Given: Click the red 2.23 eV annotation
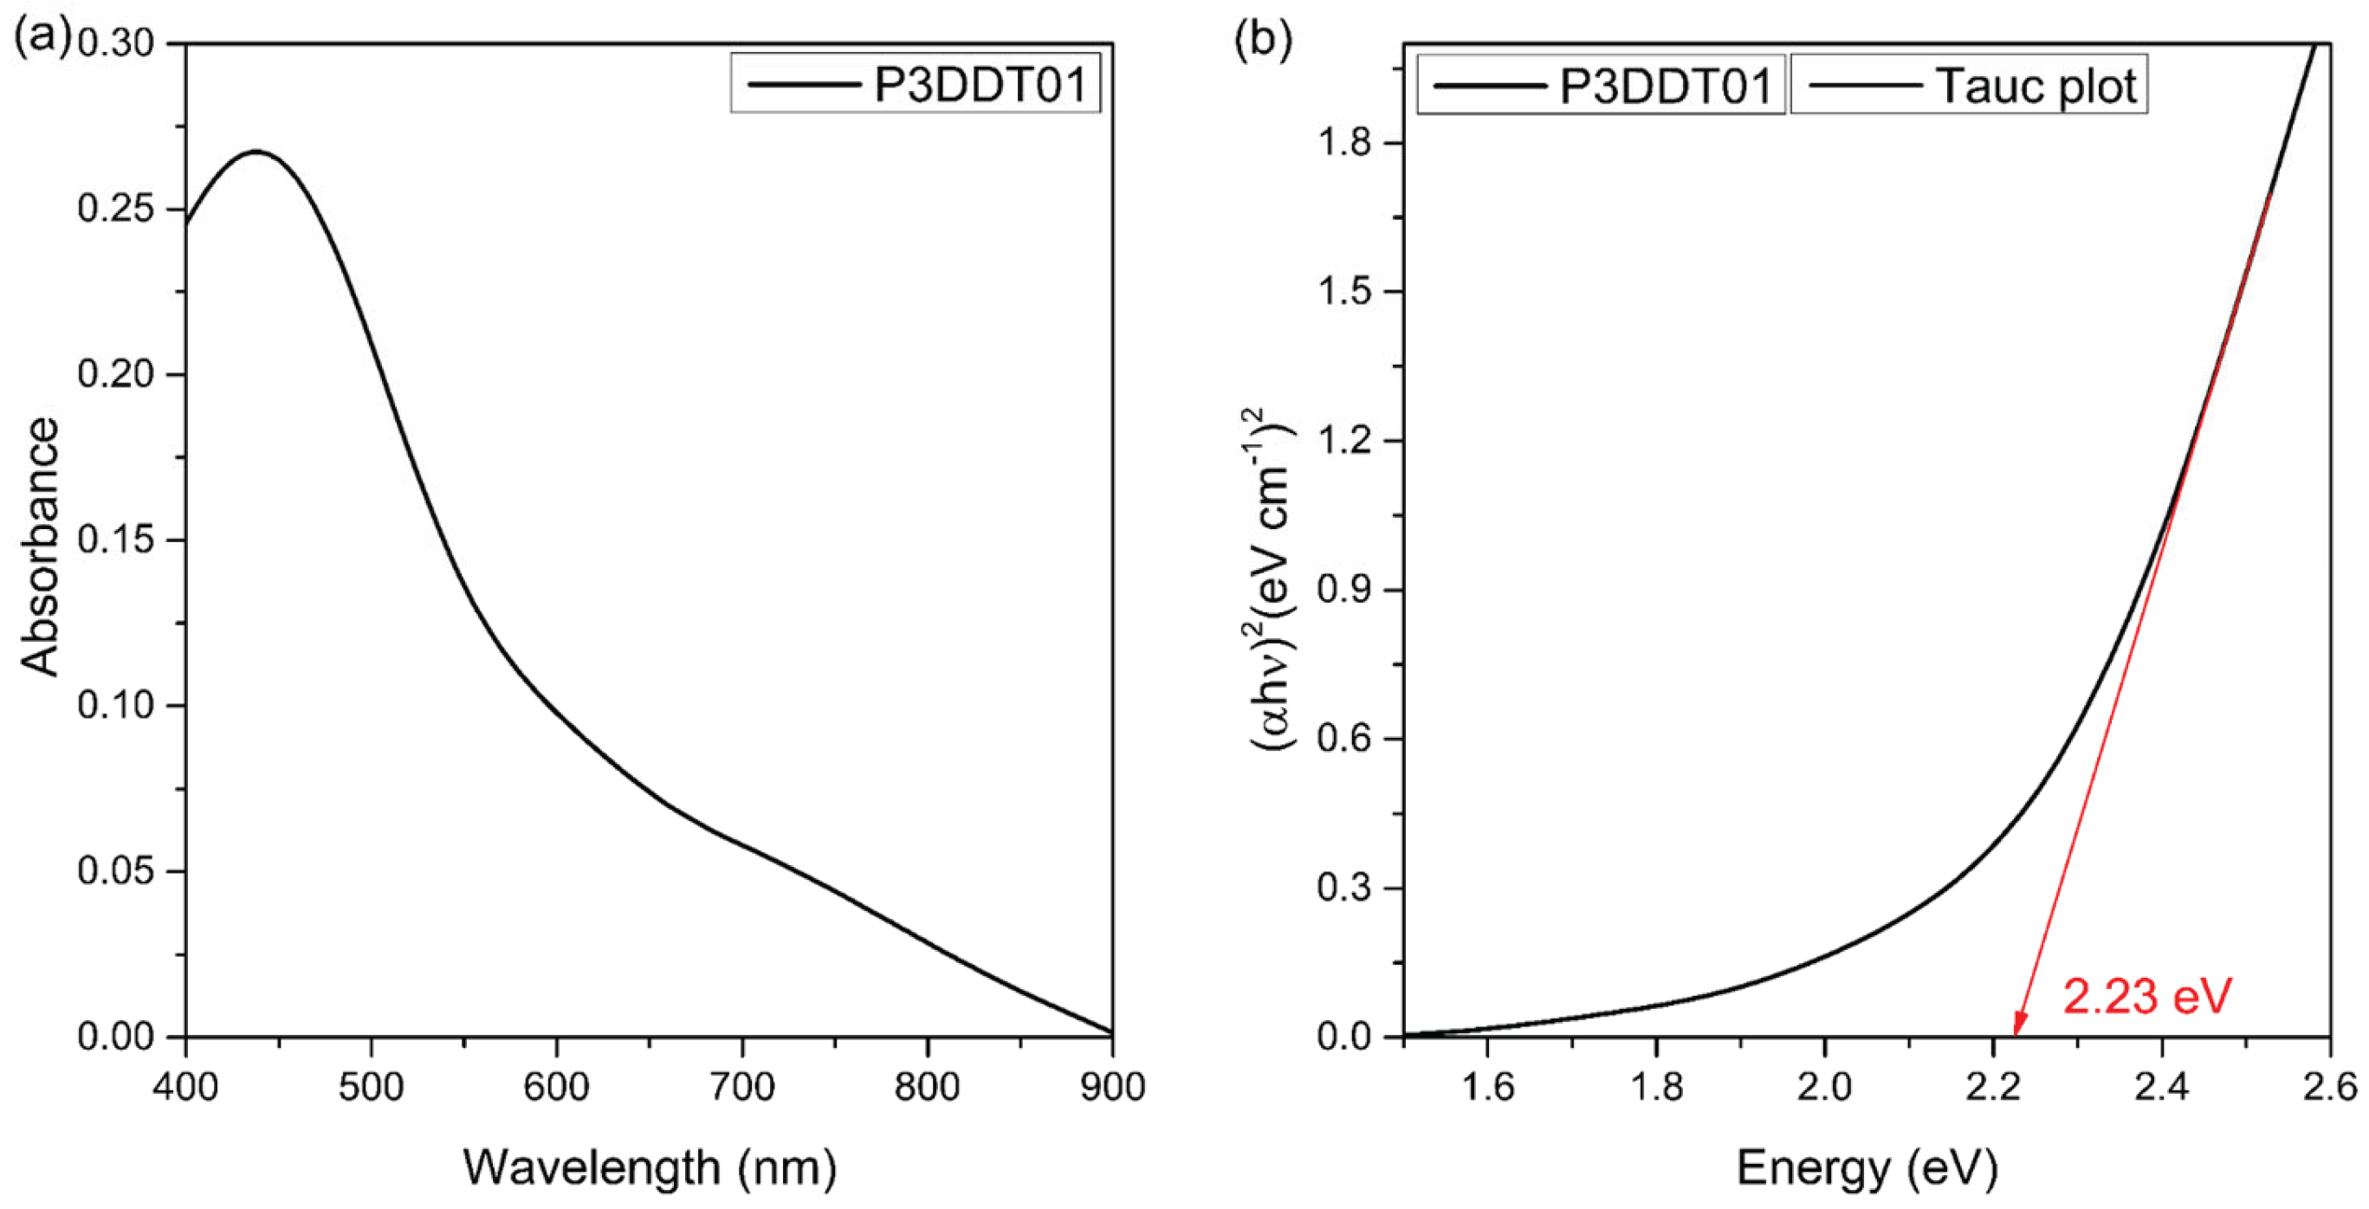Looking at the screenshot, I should (2147, 997).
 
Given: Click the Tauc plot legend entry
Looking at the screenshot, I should (1969, 87).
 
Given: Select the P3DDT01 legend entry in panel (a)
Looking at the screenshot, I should (916, 85).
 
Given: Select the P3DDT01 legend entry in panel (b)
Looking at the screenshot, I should (1601, 87).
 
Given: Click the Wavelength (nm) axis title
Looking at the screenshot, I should (650, 1167).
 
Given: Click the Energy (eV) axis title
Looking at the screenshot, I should (1867, 1167).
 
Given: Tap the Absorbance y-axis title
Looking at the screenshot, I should (41, 547).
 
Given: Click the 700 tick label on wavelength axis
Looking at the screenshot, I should (741, 1088).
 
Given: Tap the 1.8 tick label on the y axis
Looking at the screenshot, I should (1346, 144).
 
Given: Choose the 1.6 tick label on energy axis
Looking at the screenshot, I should (1487, 1088).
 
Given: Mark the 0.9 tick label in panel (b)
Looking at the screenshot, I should (1346, 591).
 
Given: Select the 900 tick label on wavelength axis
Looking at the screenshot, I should (1113, 1088).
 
